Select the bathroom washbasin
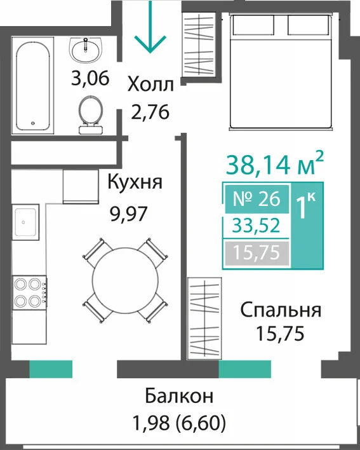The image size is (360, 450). (x=86, y=50)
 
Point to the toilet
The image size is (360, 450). (x=91, y=115)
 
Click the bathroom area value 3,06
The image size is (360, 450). (x=90, y=78)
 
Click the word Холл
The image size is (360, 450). (x=150, y=85)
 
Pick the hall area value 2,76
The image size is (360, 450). (x=150, y=112)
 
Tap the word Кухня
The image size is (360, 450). (x=135, y=182)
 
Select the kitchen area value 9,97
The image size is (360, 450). (x=129, y=214)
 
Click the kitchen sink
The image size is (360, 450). (x=25, y=222)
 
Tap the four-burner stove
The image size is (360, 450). (x=29, y=292)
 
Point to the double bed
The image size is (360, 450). (x=281, y=72)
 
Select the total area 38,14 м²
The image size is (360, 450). (x=275, y=165)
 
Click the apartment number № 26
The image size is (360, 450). (x=257, y=198)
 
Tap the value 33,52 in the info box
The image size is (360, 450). (x=256, y=225)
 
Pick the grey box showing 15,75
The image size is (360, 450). (x=257, y=253)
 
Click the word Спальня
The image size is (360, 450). (x=281, y=310)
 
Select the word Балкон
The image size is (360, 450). (x=179, y=396)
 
